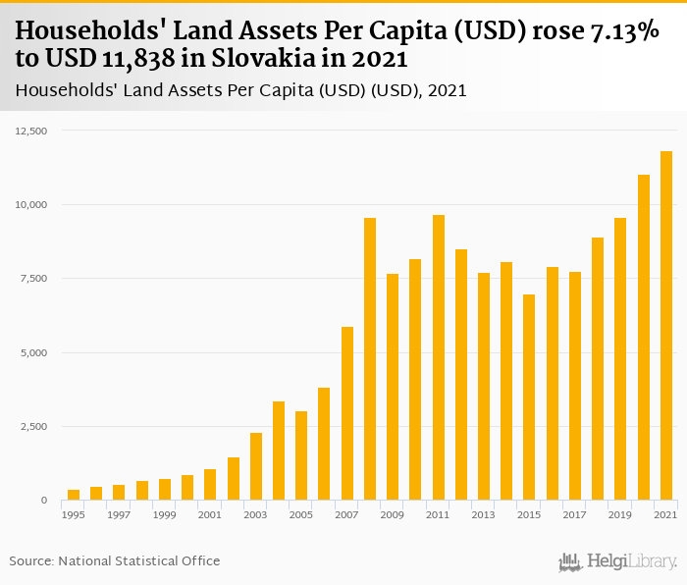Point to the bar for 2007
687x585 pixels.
(347, 413)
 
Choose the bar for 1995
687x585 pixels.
(74, 495)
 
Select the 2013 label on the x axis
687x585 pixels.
(484, 515)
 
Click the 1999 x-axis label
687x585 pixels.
(165, 515)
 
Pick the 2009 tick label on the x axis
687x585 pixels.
(393, 515)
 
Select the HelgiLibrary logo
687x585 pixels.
(617, 561)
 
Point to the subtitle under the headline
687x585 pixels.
(240, 90)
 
